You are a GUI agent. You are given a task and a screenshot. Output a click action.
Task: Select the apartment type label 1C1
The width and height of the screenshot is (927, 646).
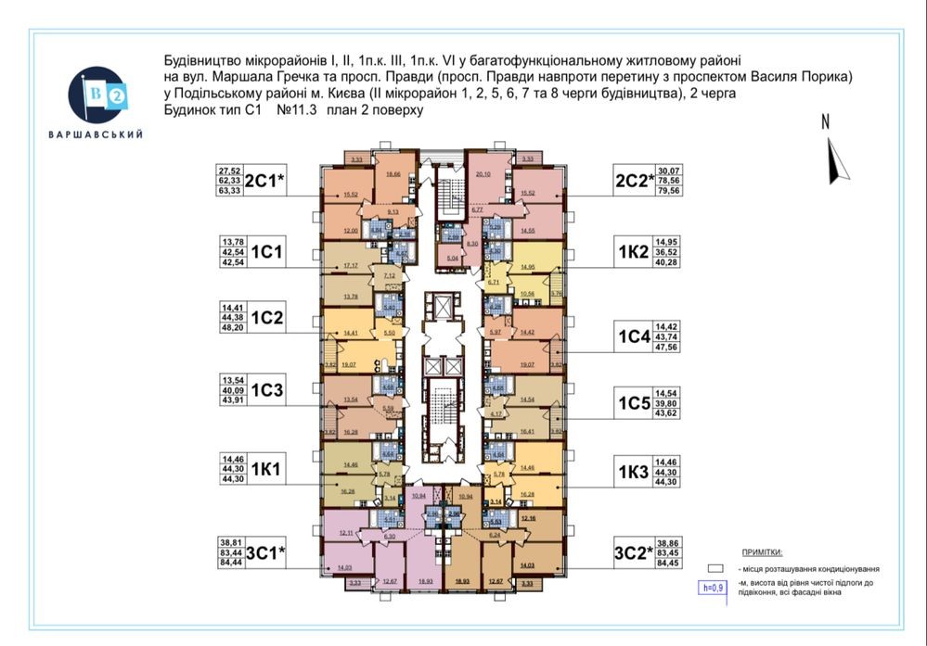pos(267,250)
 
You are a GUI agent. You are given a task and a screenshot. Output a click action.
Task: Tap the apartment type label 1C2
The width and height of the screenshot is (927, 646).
pos(267,318)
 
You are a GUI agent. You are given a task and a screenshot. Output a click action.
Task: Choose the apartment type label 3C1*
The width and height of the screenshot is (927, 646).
pos(264,554)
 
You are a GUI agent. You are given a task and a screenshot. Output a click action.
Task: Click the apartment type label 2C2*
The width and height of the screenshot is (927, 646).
pos(634,179)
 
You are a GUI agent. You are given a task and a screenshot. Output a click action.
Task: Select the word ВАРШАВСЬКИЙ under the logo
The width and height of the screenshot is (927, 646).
pos(96,135)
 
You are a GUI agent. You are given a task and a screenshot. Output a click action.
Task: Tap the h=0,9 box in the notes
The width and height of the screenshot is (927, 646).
pos(712,588)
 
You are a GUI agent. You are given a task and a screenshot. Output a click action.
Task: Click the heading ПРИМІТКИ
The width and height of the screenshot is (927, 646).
pos(761,551)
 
